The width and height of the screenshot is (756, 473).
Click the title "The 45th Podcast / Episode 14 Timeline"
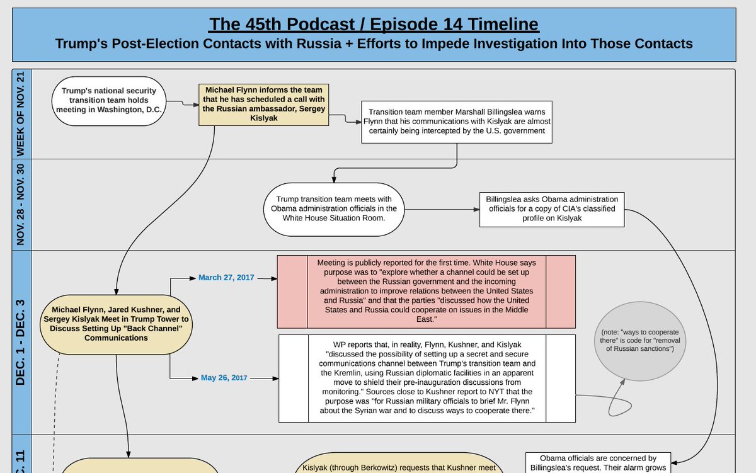pyautogui.click(x=374, y=25)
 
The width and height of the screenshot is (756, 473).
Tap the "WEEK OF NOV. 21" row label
pyautogui.click(x=21, y=113)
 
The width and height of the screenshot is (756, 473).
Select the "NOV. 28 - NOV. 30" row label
pyautogui.click(x=21, y=204)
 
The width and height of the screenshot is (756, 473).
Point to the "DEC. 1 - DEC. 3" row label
pyautogui.click(x=21, y=342)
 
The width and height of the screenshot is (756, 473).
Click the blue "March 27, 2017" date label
pyautogui.click(x=226, y=277)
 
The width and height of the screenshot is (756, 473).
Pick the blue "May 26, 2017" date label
pyautogui.click(x=224, y=378)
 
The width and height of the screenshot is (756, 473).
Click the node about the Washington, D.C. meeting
pyautogui.click(x=108, y=100)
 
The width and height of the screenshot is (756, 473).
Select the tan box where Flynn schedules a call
pyautogui.click(x=263, y=105)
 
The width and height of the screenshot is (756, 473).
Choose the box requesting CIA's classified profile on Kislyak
pyautogui.click(x=552, y=209)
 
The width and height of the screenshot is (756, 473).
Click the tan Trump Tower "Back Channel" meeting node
pyautogui.click(x=116, y=324)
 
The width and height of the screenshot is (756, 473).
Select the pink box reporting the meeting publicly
pyautogui.click(x=426, y=292)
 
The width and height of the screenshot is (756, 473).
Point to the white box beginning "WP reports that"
pyautogui.click(x=426, y=378)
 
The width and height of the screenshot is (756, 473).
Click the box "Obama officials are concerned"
pyautogui.click(x=598, y=463)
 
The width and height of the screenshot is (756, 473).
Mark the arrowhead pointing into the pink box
pyautogui.click(x=274, y=278)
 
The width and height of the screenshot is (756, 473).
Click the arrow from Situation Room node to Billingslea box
pyautogui.click(x=441, y=209)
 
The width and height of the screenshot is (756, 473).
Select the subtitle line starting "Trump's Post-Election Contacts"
pyautogui.click(x=374, y=43)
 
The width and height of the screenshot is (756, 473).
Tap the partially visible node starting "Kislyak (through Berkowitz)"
pyautogui.click(x=395, y=464)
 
